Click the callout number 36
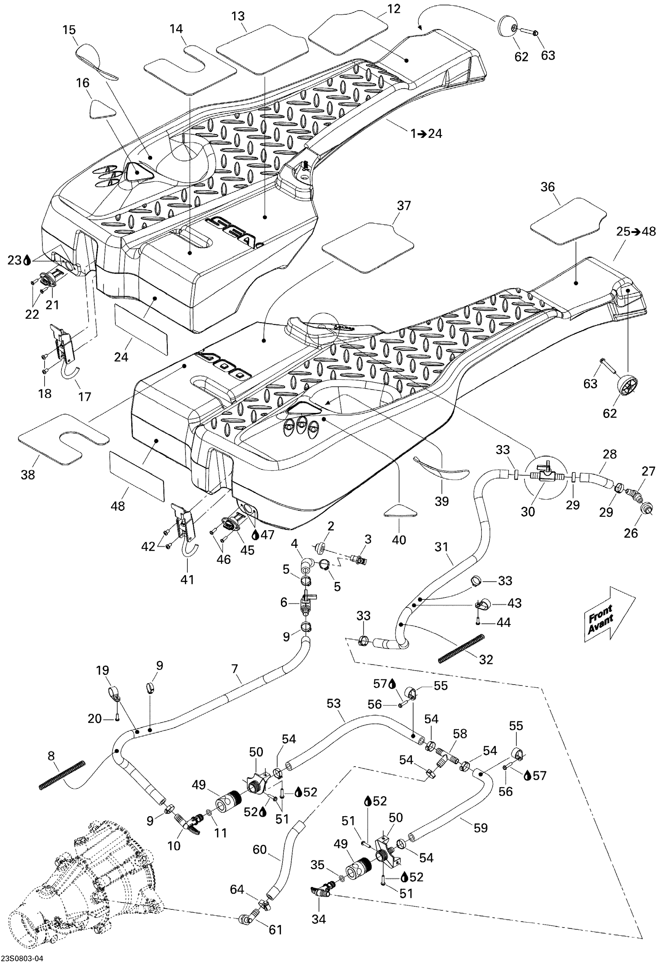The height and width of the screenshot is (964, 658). click(x=547, y=187)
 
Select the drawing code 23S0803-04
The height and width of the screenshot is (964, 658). click(x=22, y=958)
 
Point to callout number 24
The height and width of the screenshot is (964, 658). click(x=121, y=356)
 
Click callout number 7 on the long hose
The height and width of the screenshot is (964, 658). click(x=235, y=669)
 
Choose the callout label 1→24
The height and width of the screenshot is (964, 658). click(x=426, y=134)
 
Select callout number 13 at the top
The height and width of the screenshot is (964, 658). click(x=238, y=16)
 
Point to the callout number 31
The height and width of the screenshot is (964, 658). click(x=441, y=547)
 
